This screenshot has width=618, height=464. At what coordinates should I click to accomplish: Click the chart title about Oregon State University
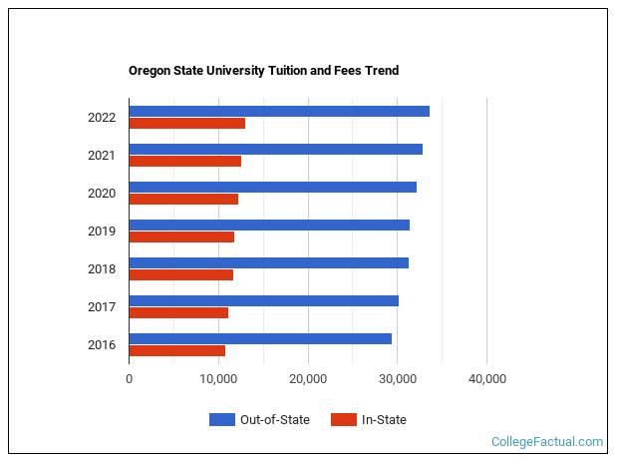(x=263, y=71)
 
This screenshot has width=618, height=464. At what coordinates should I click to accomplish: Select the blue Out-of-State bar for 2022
(x=279, y=111)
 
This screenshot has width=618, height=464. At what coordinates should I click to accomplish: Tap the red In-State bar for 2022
(x=187, y=124)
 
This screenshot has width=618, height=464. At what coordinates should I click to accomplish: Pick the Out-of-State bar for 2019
(x=269, y=225)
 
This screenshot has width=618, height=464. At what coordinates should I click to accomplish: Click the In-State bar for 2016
(x=177, y=351)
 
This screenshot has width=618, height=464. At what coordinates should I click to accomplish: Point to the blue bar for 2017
(x=264, y=300)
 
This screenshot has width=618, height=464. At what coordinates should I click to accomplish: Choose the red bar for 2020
(x=183, y=200)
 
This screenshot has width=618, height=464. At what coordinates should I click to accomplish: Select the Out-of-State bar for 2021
(x=276, y=149)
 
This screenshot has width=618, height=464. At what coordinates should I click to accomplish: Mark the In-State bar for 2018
(x=181, y=275)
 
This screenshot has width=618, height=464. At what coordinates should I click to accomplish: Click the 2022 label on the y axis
(x=102, y=118)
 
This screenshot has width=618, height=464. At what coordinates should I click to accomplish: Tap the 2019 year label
(x=102, y=232)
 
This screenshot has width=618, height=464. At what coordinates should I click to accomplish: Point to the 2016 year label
(x=102, y=345)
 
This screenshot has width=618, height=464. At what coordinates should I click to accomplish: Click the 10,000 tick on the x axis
(x=218, y=379)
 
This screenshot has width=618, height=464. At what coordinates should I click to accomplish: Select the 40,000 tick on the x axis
(x=487, y=379)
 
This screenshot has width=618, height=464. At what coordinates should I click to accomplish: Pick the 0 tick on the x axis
(x=130, y=379)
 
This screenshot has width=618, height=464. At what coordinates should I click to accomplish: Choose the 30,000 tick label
(x=398, y=379)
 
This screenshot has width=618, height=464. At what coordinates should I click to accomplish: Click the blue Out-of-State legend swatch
(x=221, y=420)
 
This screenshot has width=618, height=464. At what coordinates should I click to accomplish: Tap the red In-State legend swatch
(x=344, y=420)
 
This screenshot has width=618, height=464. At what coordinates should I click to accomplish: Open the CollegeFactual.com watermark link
(x=547, y=442)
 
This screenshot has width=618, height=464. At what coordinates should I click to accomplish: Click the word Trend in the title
(x=381, y=71)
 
